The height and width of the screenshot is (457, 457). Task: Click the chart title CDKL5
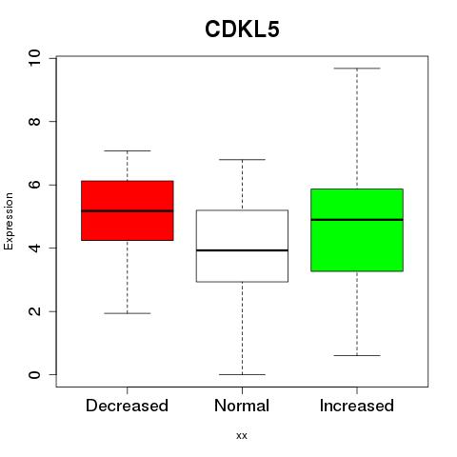242,30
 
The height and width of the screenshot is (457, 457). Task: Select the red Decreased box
128,210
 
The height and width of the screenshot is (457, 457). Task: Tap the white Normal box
242,246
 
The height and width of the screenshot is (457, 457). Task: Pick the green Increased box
357,230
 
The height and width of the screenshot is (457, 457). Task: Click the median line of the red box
128,210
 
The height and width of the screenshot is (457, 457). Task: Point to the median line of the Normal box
242,250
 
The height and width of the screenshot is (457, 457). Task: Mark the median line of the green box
357,220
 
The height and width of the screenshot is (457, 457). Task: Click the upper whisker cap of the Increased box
357,69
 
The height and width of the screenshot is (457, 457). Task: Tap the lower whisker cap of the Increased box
357,355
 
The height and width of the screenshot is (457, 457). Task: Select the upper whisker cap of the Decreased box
128,150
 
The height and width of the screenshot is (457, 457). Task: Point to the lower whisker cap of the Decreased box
128,313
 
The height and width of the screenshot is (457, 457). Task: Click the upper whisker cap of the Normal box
242,159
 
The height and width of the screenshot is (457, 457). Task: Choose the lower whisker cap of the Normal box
242,374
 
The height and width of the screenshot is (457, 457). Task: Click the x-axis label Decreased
127,406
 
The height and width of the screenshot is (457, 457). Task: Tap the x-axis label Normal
242,406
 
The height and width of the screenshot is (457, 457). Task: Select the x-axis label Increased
357,406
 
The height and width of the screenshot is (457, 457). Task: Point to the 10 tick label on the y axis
34,58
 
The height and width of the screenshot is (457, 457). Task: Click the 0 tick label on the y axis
34,375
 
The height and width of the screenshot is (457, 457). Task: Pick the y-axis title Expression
9,221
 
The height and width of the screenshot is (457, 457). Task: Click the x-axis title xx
242,436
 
